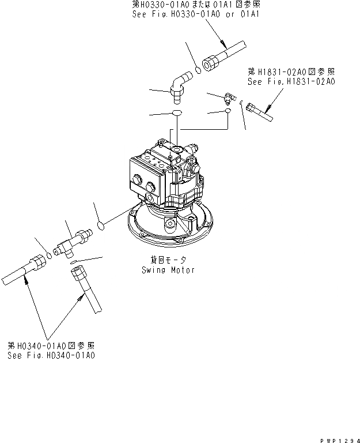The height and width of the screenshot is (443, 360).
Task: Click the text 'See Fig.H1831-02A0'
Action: coord(291,82)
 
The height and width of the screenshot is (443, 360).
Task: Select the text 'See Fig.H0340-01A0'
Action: coord(51,355)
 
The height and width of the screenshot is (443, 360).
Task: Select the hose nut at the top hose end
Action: coord(211,60)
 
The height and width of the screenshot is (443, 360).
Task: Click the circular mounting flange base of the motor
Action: coord(170,234)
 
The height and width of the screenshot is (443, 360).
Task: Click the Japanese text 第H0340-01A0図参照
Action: coord(51,345)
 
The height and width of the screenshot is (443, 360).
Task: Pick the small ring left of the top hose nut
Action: coord(197,70)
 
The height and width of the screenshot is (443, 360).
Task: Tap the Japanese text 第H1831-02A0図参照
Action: coord(291,72)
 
